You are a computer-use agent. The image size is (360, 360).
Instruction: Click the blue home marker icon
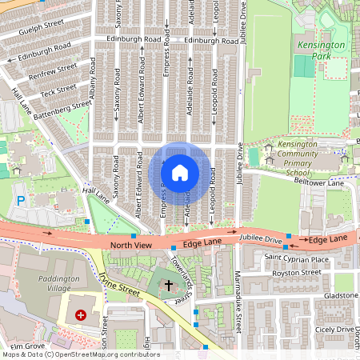tap(180, 172)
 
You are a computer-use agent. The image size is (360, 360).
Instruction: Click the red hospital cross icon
tap(81, 316)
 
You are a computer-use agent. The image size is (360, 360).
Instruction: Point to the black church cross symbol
tap(168, 284)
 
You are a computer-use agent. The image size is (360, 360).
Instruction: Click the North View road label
tap(130, 245)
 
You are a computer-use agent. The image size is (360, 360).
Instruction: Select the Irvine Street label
tap(119, 286)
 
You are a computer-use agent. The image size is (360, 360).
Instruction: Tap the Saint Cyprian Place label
tap(296, 259)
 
